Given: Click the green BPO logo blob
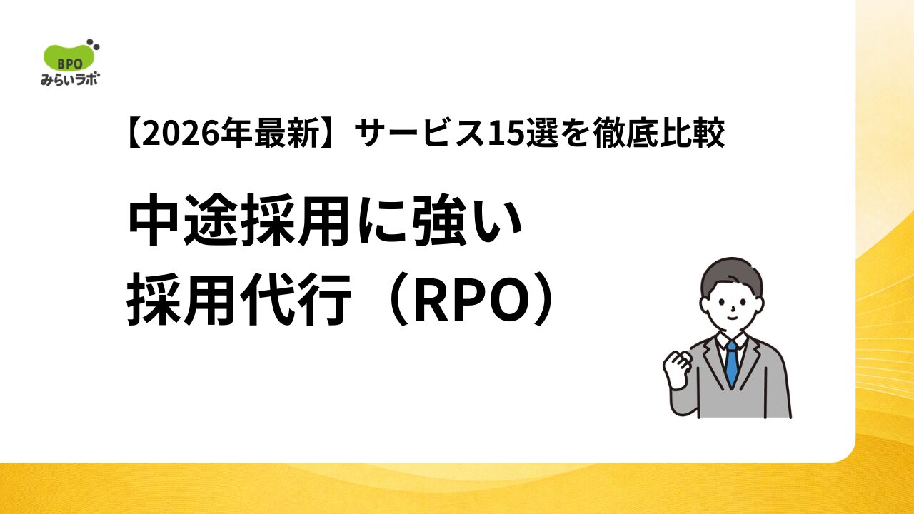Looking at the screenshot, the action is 69,59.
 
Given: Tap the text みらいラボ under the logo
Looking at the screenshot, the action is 70,79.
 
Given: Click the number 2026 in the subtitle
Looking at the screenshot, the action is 182,133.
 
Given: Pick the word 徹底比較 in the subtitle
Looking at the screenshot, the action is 659,133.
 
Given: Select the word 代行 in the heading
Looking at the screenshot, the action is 296,300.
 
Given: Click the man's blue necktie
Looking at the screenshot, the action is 732,363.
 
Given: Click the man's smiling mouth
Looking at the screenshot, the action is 733,318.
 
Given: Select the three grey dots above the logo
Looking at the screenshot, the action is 94,44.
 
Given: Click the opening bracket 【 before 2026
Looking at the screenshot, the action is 134,133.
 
